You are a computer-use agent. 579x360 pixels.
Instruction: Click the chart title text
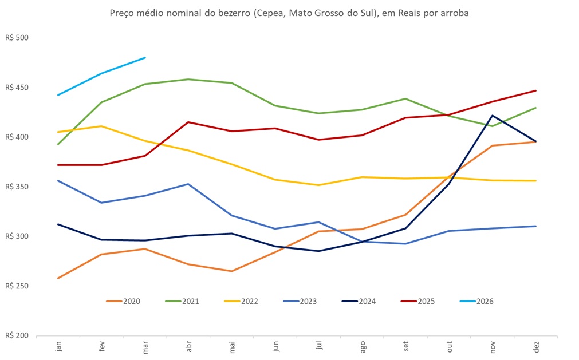coord(289,13)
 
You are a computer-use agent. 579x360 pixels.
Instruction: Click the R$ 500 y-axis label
coord(17,38)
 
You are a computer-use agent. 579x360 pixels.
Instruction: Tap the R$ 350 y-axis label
coord(17,187)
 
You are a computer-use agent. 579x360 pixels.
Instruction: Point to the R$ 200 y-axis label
coord(17,335)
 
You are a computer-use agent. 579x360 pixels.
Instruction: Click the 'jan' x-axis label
coord(58,347)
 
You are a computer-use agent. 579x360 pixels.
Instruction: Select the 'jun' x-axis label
coord(276,347)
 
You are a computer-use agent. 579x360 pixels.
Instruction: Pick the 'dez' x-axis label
coord(537,347)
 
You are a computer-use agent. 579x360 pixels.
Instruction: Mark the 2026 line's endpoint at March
coord(145,58)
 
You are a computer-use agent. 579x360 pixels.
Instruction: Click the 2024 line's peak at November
coord(493,116)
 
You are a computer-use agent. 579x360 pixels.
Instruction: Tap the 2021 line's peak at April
coord(188,80)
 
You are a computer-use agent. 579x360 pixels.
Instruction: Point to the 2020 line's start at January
coord(58,278)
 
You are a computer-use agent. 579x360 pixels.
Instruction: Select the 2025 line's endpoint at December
coord(536,90)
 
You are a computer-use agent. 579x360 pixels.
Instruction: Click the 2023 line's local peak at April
coord(188,184)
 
